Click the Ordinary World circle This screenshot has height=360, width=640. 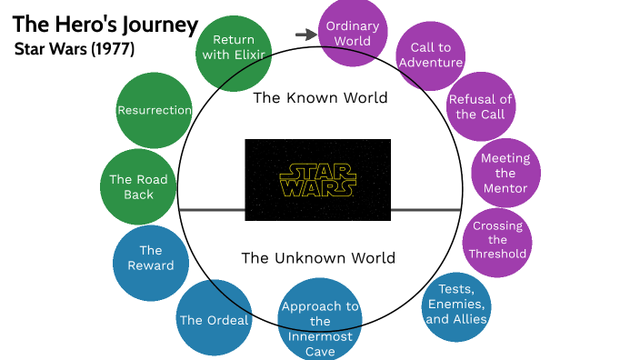(352, 34)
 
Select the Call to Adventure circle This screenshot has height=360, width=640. (431, 55)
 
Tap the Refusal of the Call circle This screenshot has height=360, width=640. (481, 107)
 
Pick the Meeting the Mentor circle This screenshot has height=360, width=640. (505, 174)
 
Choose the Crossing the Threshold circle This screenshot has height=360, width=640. (497, 240)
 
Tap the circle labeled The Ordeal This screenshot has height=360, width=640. (215, 319)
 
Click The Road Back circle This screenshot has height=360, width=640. (138, 187)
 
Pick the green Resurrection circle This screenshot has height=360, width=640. (155, 111)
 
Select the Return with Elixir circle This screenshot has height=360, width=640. (234, 47)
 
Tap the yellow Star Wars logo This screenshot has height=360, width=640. (318, 180)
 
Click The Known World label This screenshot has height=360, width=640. (319, 97)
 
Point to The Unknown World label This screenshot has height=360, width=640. (318, 257)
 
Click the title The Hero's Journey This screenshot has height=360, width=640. (105, 25)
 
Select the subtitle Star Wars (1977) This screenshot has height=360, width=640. (75, 49)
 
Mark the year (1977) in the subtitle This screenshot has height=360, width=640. (113, 49)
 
